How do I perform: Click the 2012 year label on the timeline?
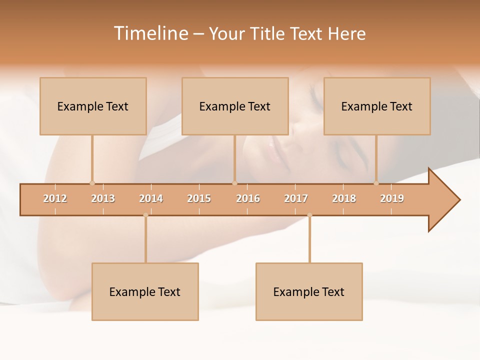pyautogui.click(x=55, y=198)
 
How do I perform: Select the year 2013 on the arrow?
pyautogui.click(x=103, y=198)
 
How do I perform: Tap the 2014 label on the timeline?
pyautogui.click(x=151, y=198)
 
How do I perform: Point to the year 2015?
pyautogui.click(x=199, y=198)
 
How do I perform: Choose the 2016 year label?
pyautogui.click(x=248, y=198)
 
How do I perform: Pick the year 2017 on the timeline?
pyautogui.click(x=296, y=198)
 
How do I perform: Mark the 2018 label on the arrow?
pyautogui.click(x=344, y=198)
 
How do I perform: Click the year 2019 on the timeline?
pyautogui.click(x=392, y=198)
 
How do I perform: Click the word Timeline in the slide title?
pyautogui.click(x=150, y=33)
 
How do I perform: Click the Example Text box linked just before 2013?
pyautogui.click(x=93, y=106)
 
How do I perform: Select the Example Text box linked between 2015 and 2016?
pyautogui.click(x=235, y=106)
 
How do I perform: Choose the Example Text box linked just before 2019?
pyautogui.click(x=377, y=106)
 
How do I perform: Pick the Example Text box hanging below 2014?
pyautogui.click(x=145, y=291)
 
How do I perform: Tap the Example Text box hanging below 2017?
pyautogui.click(x=309, y=291)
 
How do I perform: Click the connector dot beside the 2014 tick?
pyautogui.click(x=145, y=215)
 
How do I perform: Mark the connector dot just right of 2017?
pyautogui.click(x=309, y=215)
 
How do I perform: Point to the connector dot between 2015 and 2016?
pyautogui.click(x=234, y=183)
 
